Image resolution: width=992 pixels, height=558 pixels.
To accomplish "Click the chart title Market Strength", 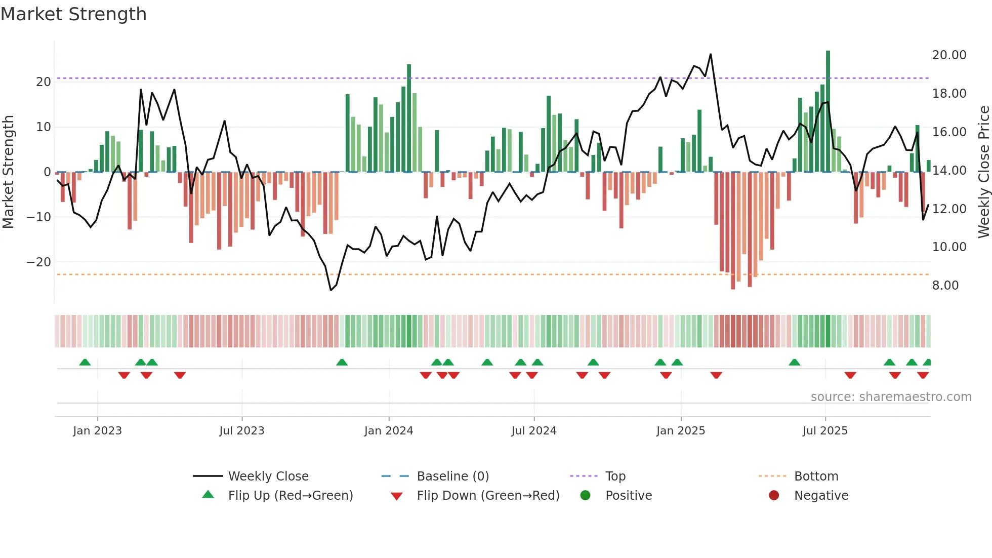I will [73, 14].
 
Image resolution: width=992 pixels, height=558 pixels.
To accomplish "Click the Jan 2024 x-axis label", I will [389, 430].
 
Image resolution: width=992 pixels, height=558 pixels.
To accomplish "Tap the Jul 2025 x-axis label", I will [825, 430].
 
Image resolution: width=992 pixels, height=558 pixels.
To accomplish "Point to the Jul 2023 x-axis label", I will [242, 430].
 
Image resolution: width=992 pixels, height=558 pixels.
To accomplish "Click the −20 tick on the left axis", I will [39, 262].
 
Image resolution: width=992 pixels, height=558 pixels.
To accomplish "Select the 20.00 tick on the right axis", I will [949, 55].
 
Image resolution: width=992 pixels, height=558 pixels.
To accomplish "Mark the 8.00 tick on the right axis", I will [945, 285].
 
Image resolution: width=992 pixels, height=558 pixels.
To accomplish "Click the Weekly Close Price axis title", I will [983, 172].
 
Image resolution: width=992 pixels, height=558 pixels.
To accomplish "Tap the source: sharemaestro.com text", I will [891, 396].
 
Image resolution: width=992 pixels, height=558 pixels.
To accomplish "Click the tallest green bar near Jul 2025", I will [828, 111].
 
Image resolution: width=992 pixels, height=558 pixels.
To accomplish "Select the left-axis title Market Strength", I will [8, 172].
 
